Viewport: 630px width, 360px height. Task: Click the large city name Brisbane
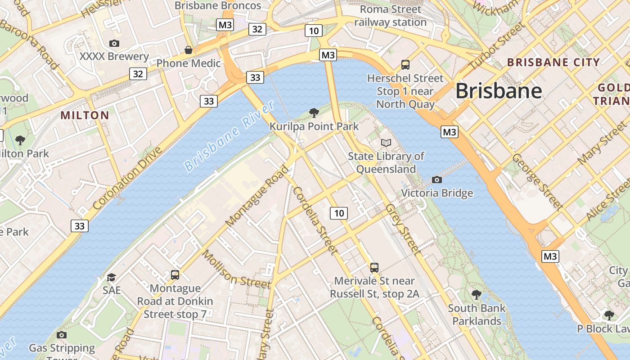pos(499,91)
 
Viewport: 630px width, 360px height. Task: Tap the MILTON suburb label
pos(85,116)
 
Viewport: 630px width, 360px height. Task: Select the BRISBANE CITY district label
pos(553,63)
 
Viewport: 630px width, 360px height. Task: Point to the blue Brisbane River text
pos(229,136)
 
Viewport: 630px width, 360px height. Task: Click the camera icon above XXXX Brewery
pos(114,43)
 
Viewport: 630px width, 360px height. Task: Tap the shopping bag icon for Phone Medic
pos(189,50)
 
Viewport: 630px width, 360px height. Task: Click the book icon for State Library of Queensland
pos(386,143)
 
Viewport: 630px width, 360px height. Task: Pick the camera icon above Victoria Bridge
pos(436,180)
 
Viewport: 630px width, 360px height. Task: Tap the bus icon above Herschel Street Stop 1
pos(405,65)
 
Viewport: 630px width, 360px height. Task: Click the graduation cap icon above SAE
pos(111,277)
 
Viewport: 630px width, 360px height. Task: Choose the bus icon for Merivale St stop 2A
pos(374,268)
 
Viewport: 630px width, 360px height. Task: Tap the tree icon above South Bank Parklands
pos(477,295)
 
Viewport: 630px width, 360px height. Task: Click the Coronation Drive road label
pos(127,178)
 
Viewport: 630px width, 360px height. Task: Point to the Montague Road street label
pos(257,196)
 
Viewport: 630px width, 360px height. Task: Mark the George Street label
pos(537,182)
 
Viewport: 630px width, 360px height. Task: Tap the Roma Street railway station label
pos(390,16)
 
